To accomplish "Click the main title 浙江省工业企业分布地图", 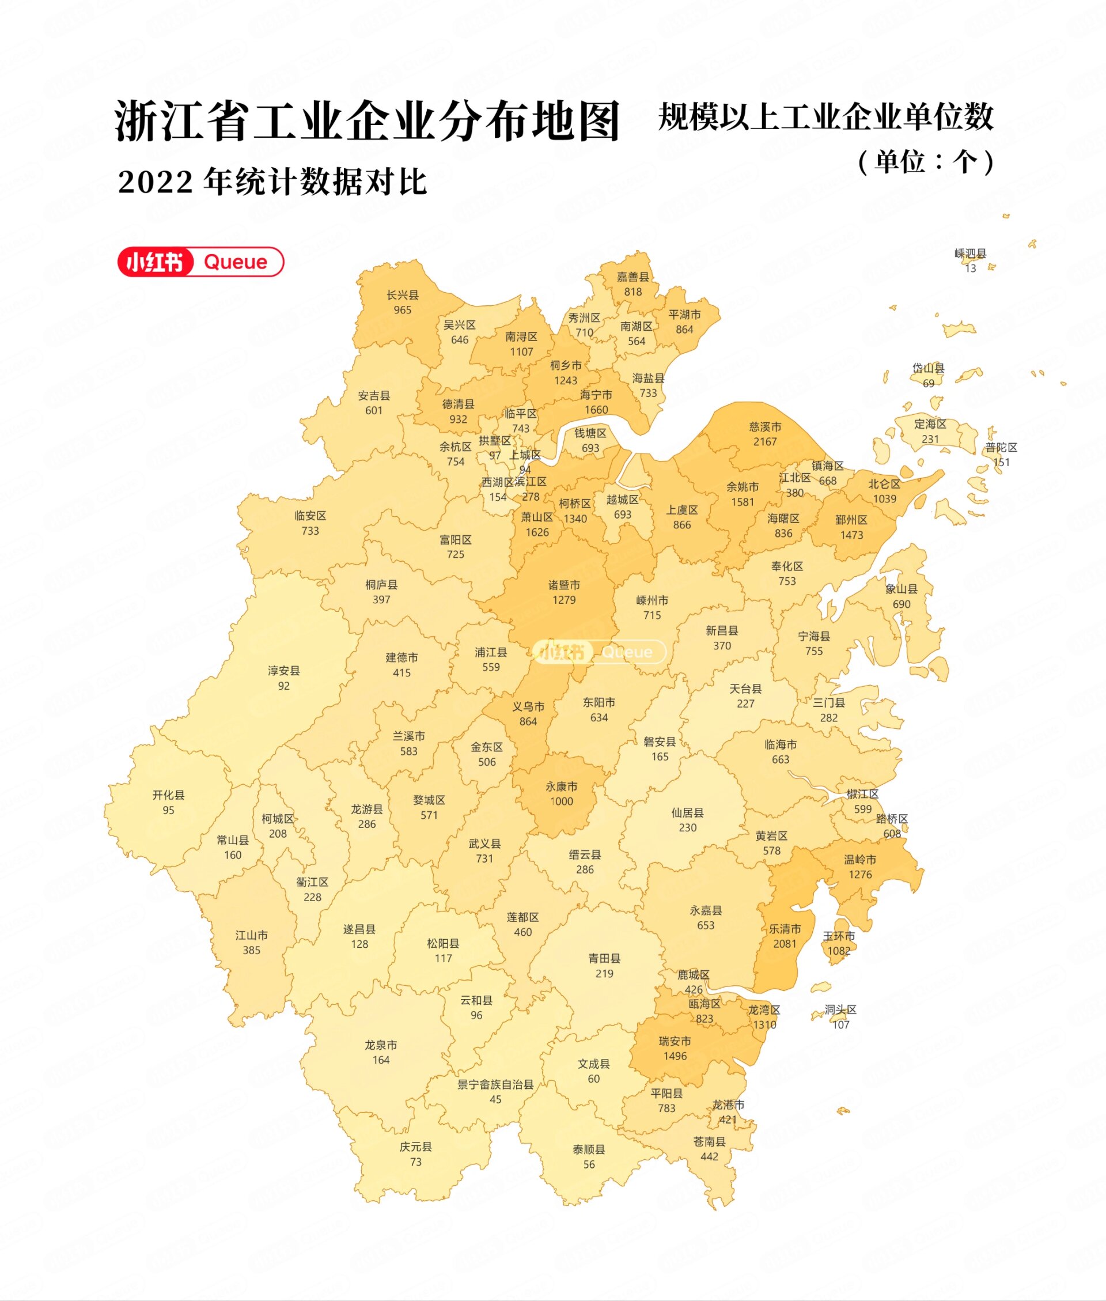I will tap(368, 120).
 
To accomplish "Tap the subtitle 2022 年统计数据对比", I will tap(272, 183).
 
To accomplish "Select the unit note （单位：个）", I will tap(926, 162).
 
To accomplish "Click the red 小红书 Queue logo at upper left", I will tap(200, 262).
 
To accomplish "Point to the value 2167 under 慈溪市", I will tap(765, 441).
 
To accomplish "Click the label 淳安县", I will tap(284, 670).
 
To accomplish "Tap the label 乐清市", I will tap(785, 929).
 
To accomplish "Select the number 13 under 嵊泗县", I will tap(971, 268).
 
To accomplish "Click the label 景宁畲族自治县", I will tap(495, 1084).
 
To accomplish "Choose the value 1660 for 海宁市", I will tap(596, 410).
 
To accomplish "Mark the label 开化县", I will tap(169, 795).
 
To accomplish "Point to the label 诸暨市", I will tap(565, 585).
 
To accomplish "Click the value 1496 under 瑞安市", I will tap(675, 1056).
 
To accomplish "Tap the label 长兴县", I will tap(403, 294).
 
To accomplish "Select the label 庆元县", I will tap(416, 1146).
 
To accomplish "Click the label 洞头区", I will tap(840, 1009).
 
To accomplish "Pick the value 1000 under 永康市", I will tap(561, 801).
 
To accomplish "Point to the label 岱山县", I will tap(929, 368).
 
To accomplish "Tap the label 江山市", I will tap(251, 935).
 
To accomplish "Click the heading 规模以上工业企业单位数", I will tap(825, 117).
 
